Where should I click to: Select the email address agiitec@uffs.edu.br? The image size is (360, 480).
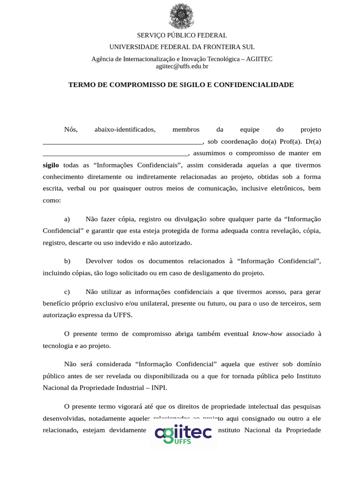click(x=182, y=67)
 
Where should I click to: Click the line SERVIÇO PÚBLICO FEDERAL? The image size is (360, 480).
click(x=182, y=36)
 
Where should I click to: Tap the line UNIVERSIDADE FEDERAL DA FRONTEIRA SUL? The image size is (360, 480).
click(x=182, y=47)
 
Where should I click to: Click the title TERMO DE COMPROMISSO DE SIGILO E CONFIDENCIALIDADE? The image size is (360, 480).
click(x=181, y=85)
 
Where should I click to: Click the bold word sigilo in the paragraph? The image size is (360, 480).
click(x=51, y=165)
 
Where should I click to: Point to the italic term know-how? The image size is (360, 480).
click(x=267, y=334)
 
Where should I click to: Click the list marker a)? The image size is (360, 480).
click(x=67, y=219)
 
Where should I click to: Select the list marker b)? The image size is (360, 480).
click(x=67, y=261)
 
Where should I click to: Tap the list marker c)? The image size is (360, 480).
click(x=67, y=291)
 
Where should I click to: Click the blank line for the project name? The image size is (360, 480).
click(x=122, y=142)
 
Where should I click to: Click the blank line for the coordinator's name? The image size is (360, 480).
click(x=115, y=154)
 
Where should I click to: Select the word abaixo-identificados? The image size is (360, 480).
click(x=125, y=129)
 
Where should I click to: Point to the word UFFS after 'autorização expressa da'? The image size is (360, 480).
click(x=122, y=315)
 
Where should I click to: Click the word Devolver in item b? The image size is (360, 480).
click(x=100, y=261)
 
